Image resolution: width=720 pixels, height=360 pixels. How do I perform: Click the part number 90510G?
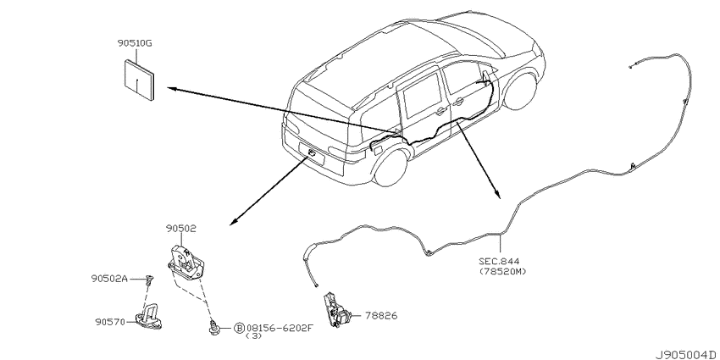(x=135, y=44)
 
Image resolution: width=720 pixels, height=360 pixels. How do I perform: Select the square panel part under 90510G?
(x=140, y=80)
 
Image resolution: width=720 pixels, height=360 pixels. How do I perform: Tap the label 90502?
(x=181, y=228)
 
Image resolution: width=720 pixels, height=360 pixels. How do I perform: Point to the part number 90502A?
(x=108, y=279)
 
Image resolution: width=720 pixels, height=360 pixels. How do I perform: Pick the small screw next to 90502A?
(x=149, y=280)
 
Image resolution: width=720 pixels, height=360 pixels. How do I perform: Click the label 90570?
(x=110, y=323)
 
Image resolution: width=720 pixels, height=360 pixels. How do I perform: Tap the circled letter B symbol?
(x=239, y=328)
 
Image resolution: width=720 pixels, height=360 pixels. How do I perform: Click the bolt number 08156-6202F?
(x=280, y=328)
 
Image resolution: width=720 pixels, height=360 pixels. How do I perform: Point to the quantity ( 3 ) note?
(x=254, y=335)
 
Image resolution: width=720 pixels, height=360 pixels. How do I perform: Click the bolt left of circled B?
(x=214, y=328)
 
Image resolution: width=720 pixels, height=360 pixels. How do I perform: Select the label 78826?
(x=381, y=316)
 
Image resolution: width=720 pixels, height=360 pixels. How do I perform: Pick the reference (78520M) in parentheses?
(x=502, y=271)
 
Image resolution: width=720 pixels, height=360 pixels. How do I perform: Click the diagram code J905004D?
(x=686, y=355)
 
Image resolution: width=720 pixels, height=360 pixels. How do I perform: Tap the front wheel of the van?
(x=521, y=91)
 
